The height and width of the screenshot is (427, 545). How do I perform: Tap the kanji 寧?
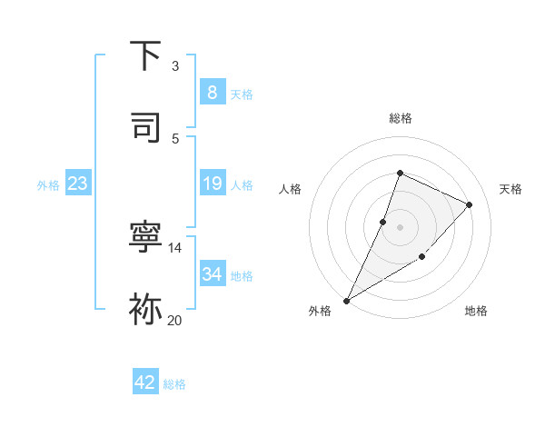(145, 238)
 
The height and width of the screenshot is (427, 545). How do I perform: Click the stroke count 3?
(174, 66)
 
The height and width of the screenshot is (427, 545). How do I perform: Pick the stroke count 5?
(174, 138)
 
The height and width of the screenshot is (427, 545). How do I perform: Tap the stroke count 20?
(175, 320)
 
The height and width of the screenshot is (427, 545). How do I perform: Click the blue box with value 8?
(212, 92)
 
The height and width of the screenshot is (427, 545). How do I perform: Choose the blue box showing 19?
(212, 184)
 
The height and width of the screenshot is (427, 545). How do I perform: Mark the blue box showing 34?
(212, 273)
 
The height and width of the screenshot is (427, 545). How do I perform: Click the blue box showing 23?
(78, 184)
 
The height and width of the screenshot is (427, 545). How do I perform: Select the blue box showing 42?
(145, 382)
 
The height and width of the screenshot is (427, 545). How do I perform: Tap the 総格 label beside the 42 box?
(174, 384)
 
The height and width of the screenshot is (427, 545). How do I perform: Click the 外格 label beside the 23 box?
(48, 185)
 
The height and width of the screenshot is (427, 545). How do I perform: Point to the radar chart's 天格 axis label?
(510, 189)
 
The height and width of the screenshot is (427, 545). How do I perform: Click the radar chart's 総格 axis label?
(400, 118)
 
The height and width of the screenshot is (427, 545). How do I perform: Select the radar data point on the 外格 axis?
(347, 300)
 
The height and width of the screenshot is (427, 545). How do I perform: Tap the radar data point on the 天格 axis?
(470, 204)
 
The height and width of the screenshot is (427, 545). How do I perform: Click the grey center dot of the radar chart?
(400, 226)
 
